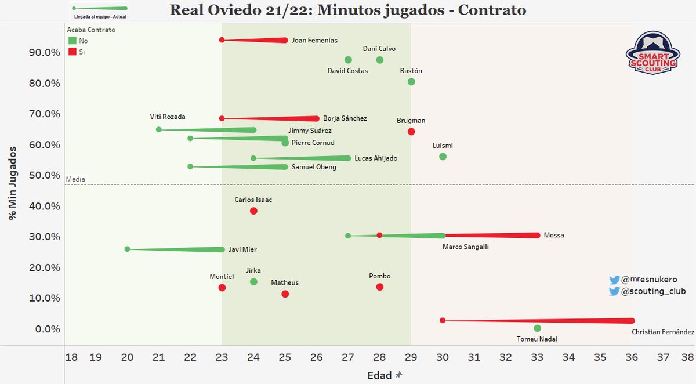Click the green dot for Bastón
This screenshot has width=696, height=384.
tap(411, 82)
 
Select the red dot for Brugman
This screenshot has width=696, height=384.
tap(411, 132)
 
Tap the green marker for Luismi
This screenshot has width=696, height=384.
tap(443, 157)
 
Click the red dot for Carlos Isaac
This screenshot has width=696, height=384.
tap(253, 211)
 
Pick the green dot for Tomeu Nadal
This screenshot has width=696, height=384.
tap(537, 328)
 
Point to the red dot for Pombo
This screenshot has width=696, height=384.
tap(380, 287)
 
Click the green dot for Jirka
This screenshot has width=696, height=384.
tap(253, 282)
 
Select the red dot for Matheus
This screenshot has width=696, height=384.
tap(285, 294)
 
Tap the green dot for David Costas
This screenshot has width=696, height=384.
tap(348, 60)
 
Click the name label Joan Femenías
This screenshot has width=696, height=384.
tap(314, 41)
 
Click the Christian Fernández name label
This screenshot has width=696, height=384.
tap(662, 332)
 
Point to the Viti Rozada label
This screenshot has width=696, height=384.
tap(168, 117)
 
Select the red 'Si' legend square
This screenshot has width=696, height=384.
tap(72, 52)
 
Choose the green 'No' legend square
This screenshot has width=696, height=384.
tap(72, 41)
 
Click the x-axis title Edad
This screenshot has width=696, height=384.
tap(379, 375)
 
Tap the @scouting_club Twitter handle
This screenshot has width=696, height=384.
tap(653, 292)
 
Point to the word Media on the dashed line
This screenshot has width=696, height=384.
tap(75, 180)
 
